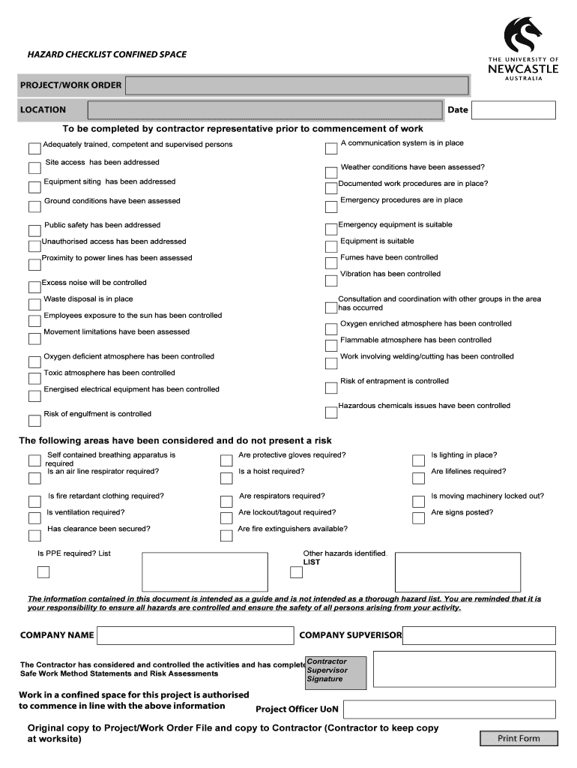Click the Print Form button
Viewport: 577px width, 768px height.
tap(519, 739)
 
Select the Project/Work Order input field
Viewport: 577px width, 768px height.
tap(297, 85)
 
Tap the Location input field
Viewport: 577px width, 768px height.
tap(265, 110)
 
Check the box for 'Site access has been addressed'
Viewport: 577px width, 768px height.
tap(34, 168)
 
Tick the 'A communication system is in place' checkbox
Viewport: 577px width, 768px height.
tap(331, 148)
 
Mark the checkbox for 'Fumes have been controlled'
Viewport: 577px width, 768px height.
tap(331, 263)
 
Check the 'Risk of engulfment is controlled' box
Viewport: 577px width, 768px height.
tap(34, 420)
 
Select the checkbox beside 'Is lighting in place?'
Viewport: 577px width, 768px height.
tap(418, 460)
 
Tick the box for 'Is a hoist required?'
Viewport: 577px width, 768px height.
tap(226, 478)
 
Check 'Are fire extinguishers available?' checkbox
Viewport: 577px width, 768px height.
tap(226, 535)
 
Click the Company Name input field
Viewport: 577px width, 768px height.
tap(195, 635)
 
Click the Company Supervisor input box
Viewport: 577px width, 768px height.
tap(479, 635)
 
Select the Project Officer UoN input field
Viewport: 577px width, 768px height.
tap(450, 709)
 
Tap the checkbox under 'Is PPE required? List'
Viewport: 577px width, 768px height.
tap(43, 572)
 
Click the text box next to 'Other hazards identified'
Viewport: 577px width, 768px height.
tap(457, 572)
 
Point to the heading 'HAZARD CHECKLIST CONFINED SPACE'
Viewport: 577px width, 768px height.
tap(107, 54)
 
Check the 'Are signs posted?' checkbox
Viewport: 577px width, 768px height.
tap(418, 518)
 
